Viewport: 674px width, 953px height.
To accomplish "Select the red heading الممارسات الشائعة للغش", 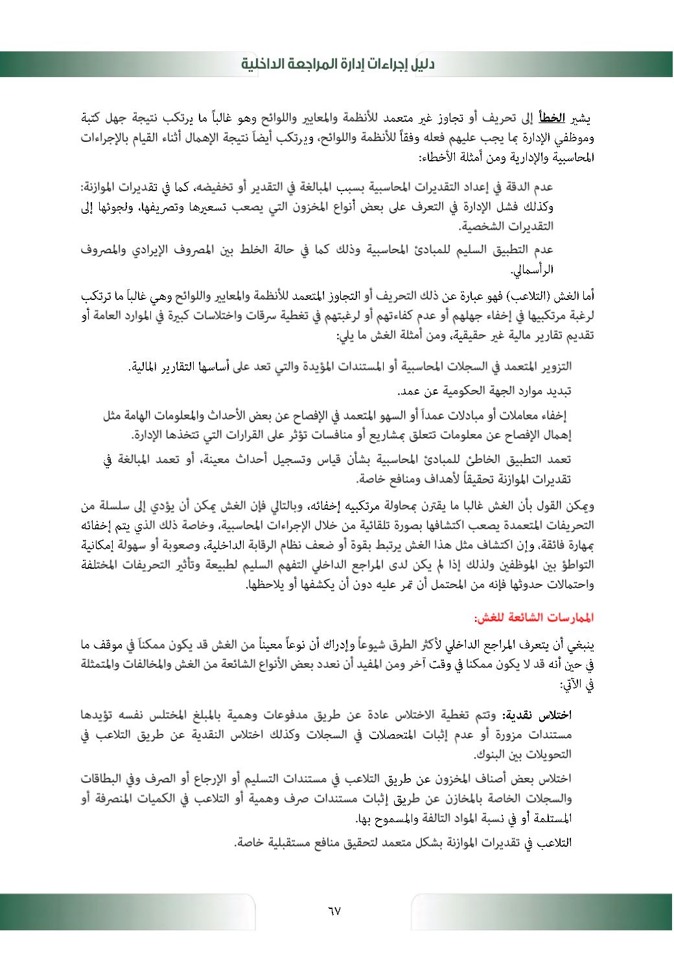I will tap(533, 618).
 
